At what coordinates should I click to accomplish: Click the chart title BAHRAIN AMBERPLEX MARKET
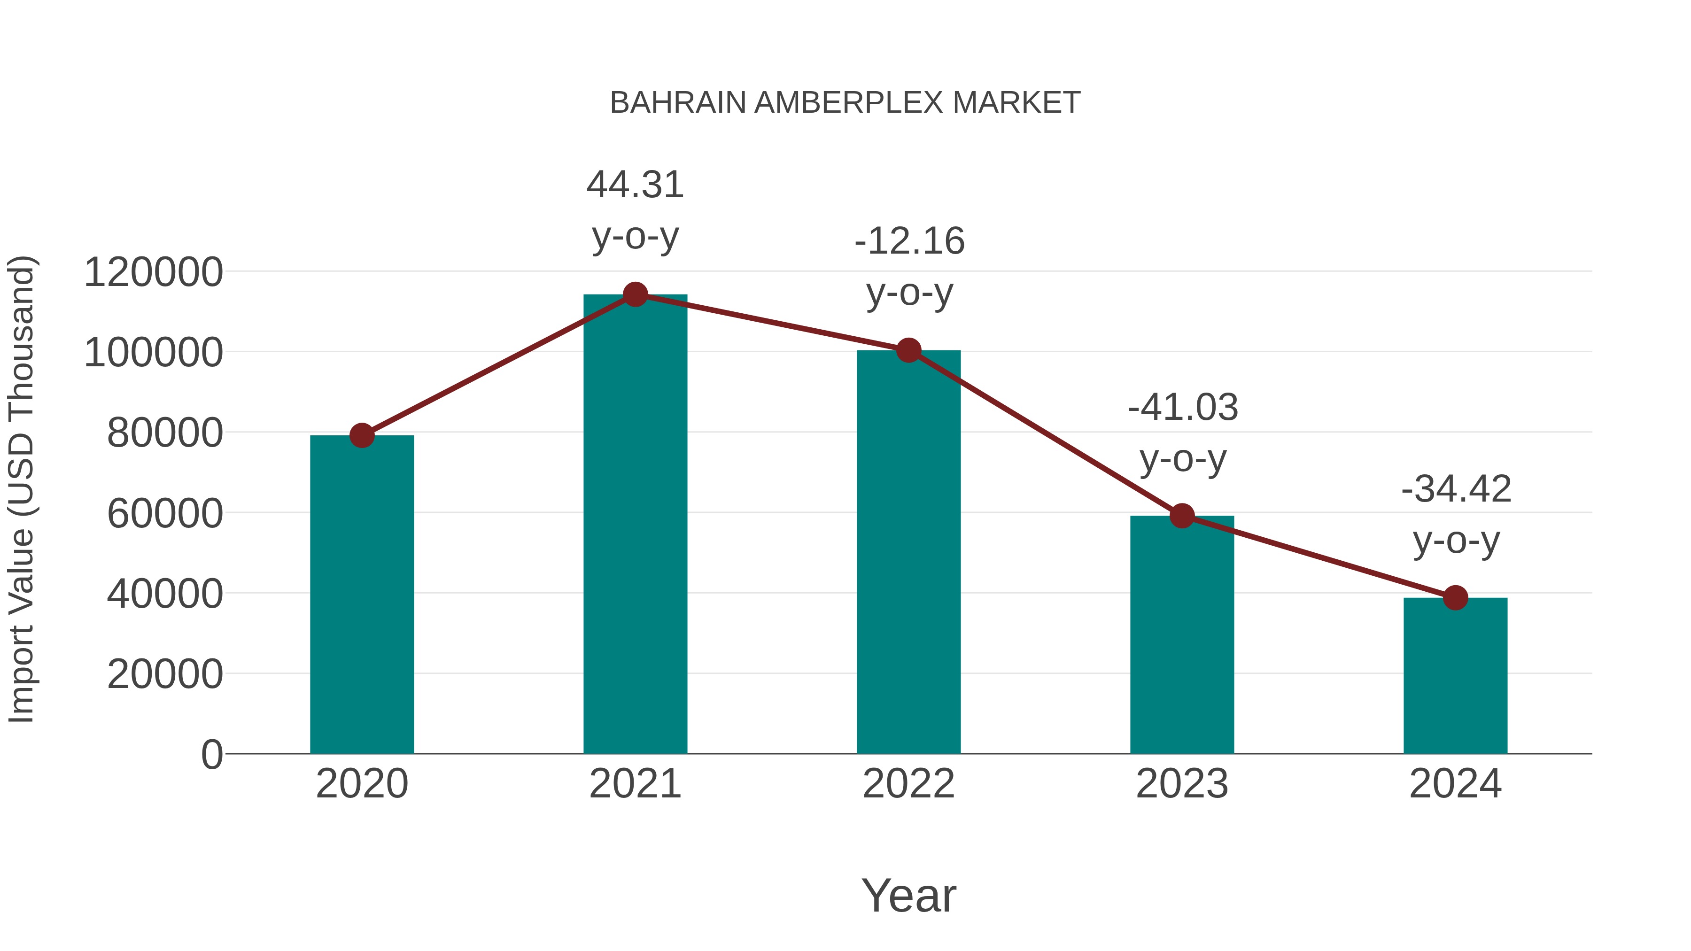(x=845, y=103)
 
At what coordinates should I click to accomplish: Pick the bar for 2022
(x=908, y=551)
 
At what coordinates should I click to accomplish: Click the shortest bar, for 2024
(x=1455, y=675)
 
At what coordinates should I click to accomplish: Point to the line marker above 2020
(x=362, y=435)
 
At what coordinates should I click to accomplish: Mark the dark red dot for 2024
(x=1455, y=598)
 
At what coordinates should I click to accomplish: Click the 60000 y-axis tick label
(x=165, y=513)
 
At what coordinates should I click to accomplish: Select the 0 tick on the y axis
(x=211, y=754)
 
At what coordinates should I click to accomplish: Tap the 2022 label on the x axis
(x=908, y=784)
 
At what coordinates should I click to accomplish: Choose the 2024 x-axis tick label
(x=1455, y=784)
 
